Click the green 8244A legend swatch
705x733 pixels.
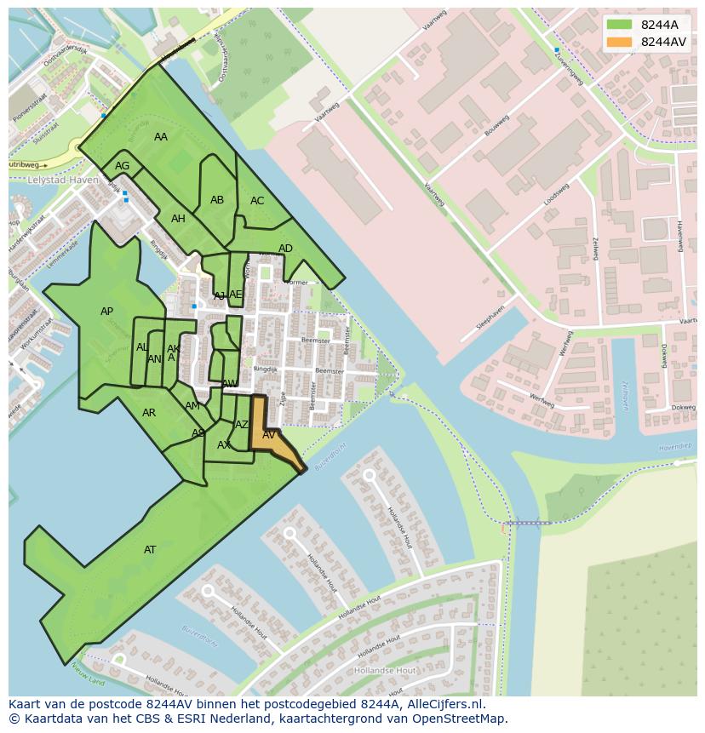tap(620, 25)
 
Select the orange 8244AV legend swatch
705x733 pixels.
tap(620, 42)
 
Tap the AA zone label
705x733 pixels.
tap(161, 137)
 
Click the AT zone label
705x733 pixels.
tap(150, 550)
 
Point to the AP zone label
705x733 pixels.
tap(106, 312)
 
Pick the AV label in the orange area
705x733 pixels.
tap(269, 435)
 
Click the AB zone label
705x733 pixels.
tap(217, 200)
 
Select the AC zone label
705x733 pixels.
tap(257, 201)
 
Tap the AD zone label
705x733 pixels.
tap(285, 249)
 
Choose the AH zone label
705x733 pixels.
tap(178, 219)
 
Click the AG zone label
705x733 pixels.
tap(123, 166)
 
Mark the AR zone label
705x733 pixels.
tap(149, 413)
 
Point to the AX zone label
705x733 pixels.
tap(224, 445)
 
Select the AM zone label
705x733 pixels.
tap(192, 406)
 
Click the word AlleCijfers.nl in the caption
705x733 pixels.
tap(443, 704)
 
